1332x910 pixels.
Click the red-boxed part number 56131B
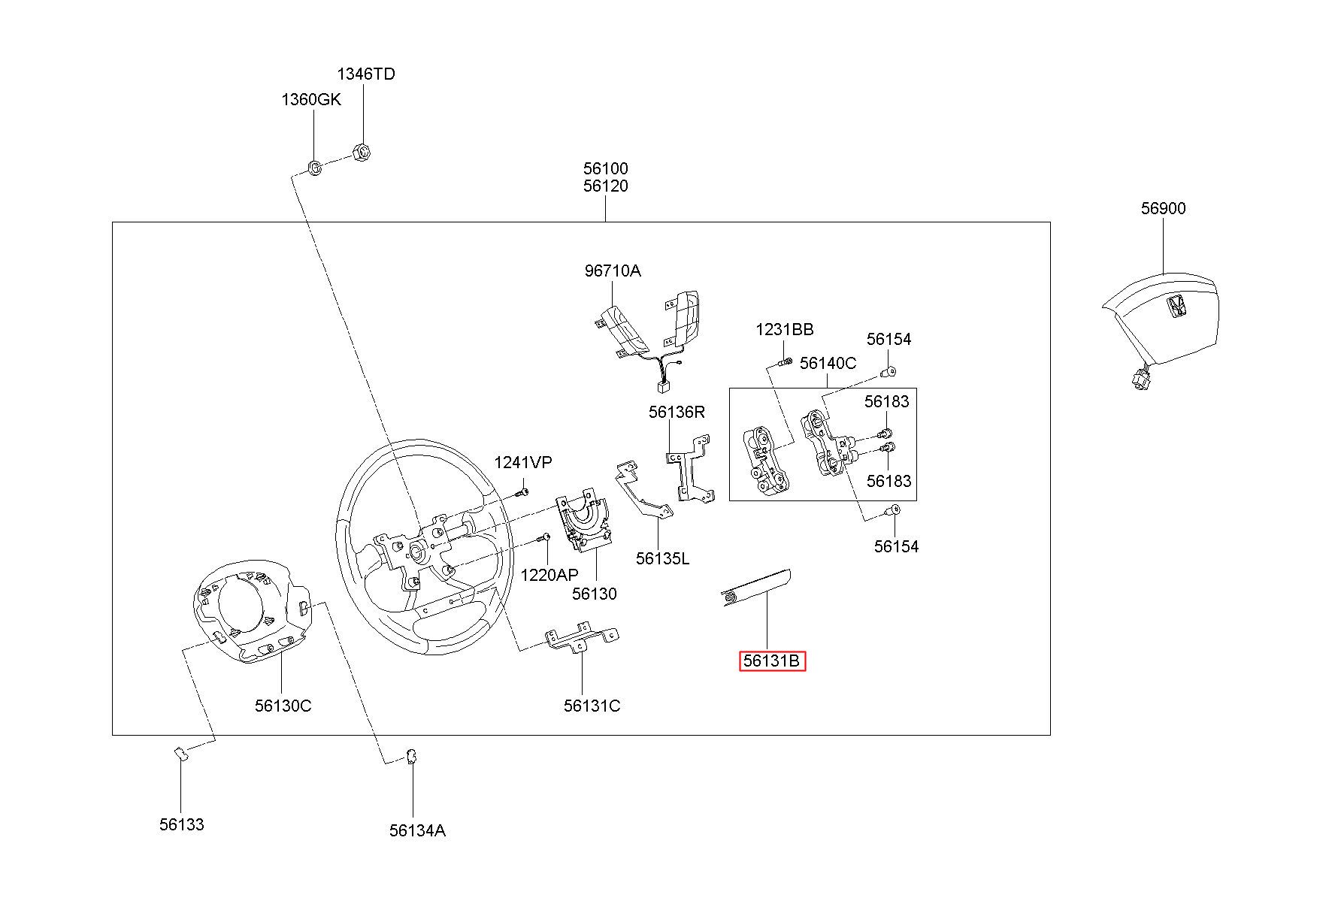(x=772, y=661)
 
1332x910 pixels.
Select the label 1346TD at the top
(x=365, y=74)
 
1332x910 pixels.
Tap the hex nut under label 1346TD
(x=362, y=152)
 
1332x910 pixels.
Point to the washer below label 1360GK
(x=316, y=166)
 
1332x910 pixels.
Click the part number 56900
(x=1163, y=208)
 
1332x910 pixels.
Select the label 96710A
(x=613, y=271)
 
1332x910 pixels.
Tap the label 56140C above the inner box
(x=828, y=363)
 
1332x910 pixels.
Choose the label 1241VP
(x=522, y=463)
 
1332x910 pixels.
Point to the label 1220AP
(x=549, y=575)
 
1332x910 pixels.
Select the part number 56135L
(x=662, y=558)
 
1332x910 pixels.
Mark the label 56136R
(x=677, y=412)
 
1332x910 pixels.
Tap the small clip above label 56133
(x=180, y=753)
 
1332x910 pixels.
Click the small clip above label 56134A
(x=411, y=757)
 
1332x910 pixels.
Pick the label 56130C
(x=283, y=706)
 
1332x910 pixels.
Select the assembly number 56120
(x=605, y=186)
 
